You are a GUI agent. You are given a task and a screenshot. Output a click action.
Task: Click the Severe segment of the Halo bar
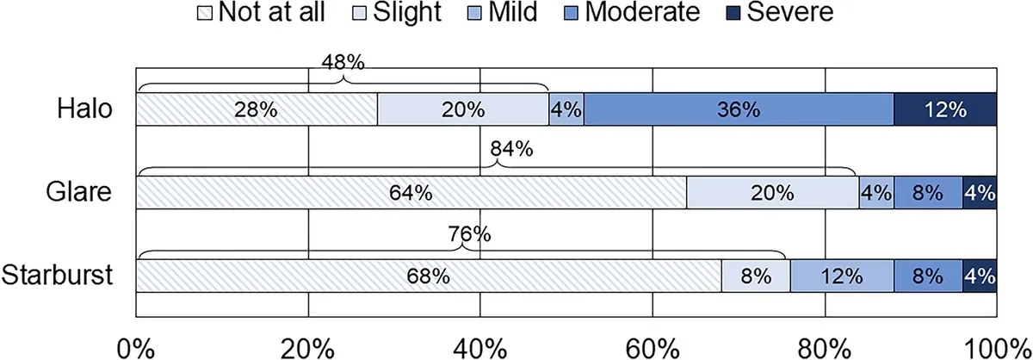(945, 109)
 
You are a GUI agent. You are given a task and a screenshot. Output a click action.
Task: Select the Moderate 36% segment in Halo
(739, 109)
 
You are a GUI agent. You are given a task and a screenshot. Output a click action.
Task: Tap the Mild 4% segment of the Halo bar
(566, 109)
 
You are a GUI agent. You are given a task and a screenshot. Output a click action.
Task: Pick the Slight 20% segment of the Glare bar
(773, 192)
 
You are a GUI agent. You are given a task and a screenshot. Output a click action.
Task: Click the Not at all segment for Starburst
(429, 276)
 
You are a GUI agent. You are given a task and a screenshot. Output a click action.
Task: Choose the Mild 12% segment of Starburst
(843, 276)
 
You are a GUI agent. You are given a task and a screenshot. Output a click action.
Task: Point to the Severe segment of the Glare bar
(980, 192)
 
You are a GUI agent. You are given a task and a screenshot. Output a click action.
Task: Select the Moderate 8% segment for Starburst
(928, 276)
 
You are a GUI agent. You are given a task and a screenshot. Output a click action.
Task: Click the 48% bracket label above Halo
(343, 62)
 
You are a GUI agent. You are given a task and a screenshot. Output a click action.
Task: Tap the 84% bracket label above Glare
(511, 149)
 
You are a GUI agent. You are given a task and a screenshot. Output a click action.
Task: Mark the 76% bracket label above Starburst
(469, 234)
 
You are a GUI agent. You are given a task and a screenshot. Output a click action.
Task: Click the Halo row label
(85, 109)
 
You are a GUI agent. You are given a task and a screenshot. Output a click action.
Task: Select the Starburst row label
(57, 276)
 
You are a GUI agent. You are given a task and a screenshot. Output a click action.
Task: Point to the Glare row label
(78, 192)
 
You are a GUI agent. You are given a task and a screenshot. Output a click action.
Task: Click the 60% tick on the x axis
(653, 349)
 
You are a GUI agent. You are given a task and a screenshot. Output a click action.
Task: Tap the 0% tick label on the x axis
(136, 349)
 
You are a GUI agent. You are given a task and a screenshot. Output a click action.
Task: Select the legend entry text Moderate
(642, 12)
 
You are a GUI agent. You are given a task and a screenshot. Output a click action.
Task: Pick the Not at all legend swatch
(205, 13)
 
